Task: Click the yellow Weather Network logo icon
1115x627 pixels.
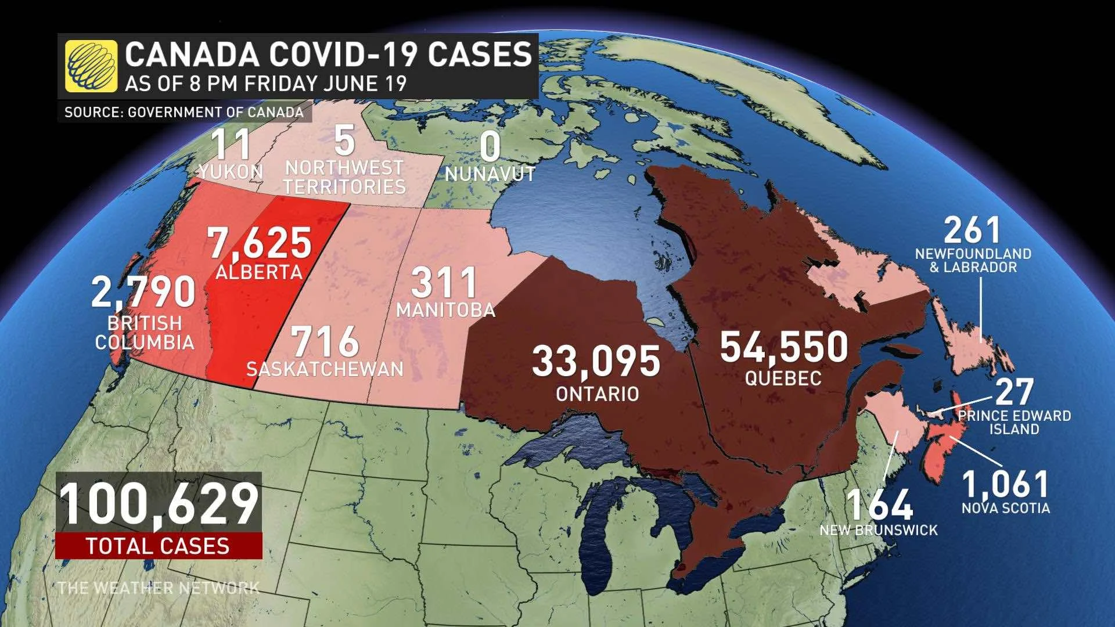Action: (91, 66)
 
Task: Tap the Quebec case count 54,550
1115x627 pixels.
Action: (783, 347)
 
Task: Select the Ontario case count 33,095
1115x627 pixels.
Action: (596, 361)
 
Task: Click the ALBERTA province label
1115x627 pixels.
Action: (259, 272)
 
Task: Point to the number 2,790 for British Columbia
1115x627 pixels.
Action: (143, 292)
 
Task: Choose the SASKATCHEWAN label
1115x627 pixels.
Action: (325, 369)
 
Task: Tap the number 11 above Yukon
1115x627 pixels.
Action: (232, 145)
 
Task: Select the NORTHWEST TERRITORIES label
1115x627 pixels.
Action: (344, 177)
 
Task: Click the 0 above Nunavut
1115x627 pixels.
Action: (490, 146)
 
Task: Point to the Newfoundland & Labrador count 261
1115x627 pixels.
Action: (972, 230)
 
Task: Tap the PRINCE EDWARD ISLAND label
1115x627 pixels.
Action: (1014, 423)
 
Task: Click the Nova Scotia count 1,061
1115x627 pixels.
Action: (1005, 484)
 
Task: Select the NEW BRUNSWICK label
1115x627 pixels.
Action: (878, 530)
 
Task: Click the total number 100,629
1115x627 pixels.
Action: (159, 504)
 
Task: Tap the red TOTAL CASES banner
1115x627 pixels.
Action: (159, 546)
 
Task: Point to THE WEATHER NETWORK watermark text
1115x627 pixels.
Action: (159, 588)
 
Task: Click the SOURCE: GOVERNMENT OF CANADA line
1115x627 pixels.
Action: (184, 112)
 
